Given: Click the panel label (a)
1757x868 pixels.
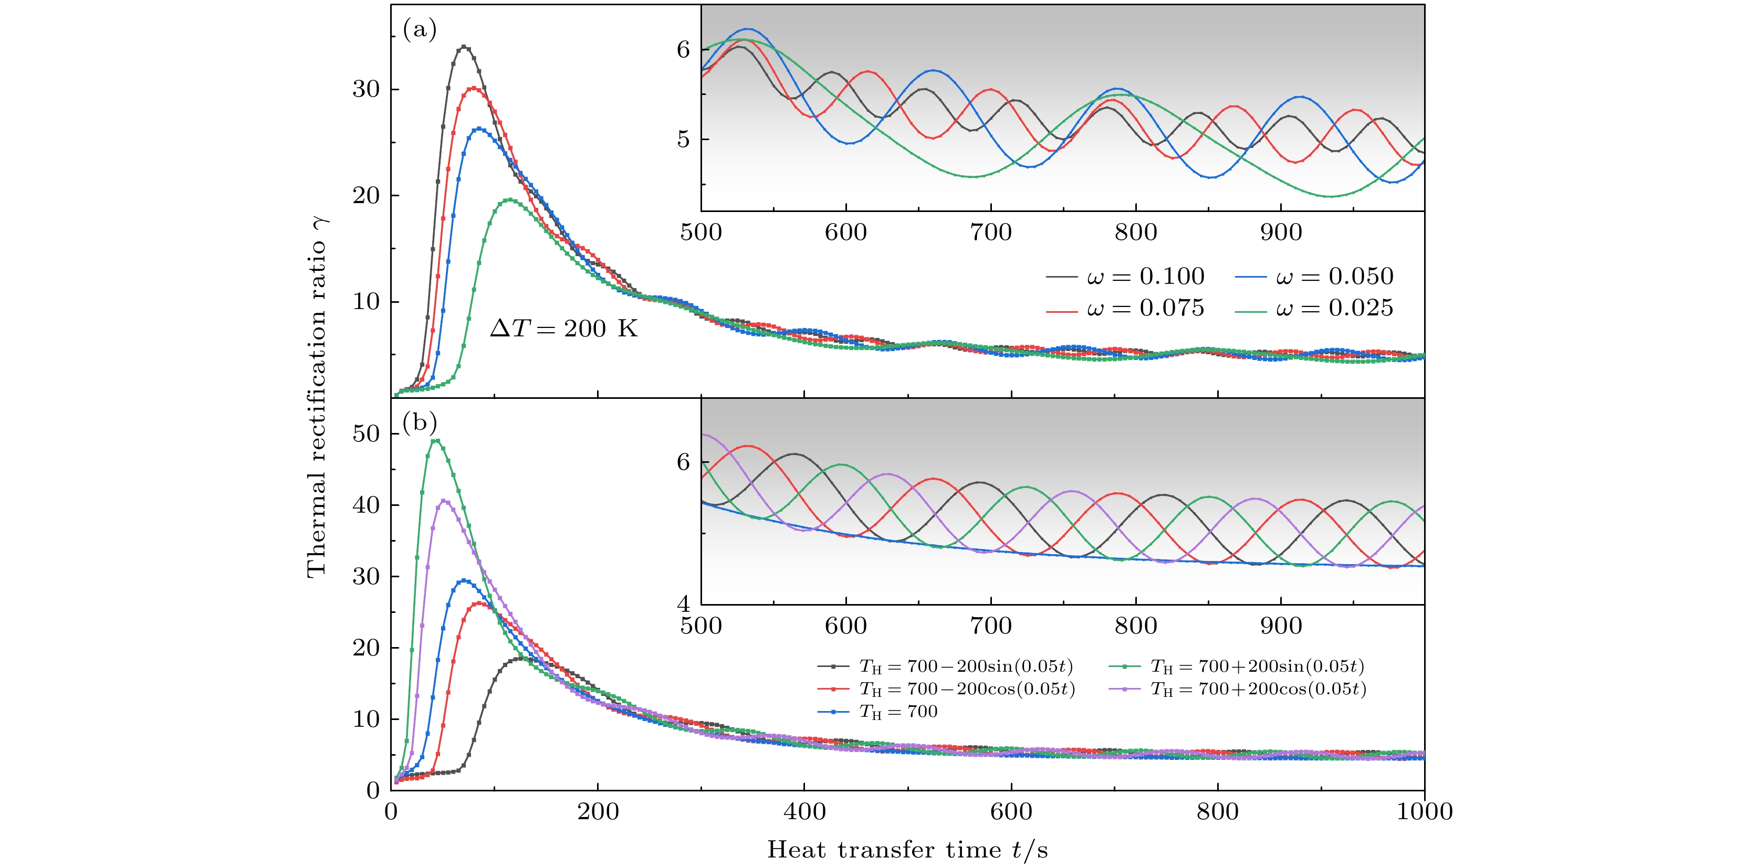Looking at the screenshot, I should coord(420,29).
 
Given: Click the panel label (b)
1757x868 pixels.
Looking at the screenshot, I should coord(420,423).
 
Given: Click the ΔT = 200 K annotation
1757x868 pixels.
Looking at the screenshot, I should coord(563,329).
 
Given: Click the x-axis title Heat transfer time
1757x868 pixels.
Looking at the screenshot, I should coord(907,850).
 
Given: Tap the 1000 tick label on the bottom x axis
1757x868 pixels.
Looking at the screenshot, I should coord(1424,811).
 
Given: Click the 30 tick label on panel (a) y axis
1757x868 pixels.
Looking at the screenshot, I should coord(367,89).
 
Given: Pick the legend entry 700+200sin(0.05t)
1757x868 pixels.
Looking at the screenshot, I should coord(1257,666).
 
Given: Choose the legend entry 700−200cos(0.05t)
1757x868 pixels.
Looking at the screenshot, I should coord(967,689).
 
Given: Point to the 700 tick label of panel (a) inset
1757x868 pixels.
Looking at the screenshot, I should coord(990,232).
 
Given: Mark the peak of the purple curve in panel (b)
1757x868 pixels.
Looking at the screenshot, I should coord(444,501).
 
